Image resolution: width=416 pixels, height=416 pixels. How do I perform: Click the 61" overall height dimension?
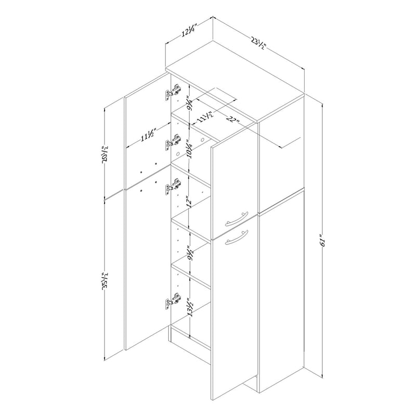point(322,240)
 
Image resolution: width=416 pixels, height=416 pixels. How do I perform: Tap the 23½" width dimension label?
point(257,44)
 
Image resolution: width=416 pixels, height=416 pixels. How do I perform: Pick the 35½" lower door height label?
point(106,280)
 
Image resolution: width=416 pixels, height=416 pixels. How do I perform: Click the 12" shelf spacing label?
point(189,202)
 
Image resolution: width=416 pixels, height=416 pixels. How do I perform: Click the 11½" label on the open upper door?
point(148,136)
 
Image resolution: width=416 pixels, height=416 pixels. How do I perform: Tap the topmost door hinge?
point(173,92)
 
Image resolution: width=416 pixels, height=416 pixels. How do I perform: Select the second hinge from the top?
point(173,142)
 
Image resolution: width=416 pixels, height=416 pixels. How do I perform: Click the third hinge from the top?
point(173,186)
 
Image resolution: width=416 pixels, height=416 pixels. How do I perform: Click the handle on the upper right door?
point(237,218)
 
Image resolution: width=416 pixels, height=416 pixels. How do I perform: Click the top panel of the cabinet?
point(235,82)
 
